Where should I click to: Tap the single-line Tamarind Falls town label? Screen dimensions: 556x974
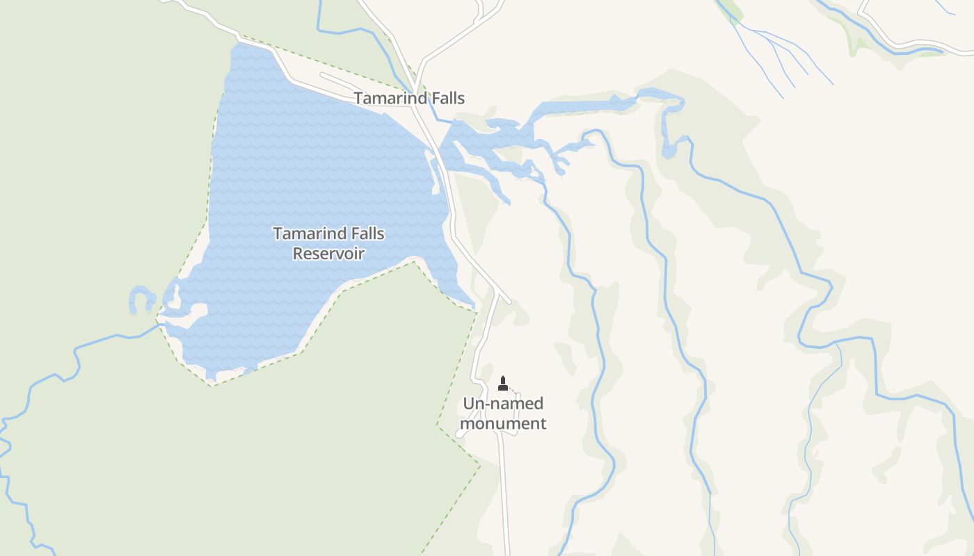point(409,98)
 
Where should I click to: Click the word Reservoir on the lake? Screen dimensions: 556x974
point(328,253)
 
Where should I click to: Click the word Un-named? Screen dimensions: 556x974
point(503,404)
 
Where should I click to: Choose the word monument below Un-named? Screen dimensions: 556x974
point(503,423)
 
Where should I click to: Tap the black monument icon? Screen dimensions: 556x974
point(503,384)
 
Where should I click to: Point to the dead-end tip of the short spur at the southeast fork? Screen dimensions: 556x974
point(509,302)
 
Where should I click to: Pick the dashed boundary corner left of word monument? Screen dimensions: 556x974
point(437,425)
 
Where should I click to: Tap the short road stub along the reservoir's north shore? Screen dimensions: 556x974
point(341,80)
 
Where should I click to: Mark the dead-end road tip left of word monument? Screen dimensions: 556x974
point(460,434)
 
